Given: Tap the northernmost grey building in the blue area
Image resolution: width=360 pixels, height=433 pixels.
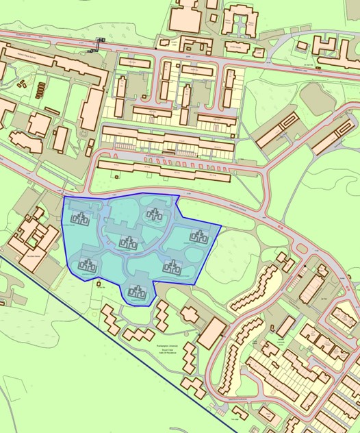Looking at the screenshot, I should [x=154, y=214].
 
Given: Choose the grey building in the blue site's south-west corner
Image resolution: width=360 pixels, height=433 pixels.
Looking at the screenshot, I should [x=88, y=265].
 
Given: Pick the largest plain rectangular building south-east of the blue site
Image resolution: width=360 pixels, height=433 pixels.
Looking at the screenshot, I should [x=212, y=333].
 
